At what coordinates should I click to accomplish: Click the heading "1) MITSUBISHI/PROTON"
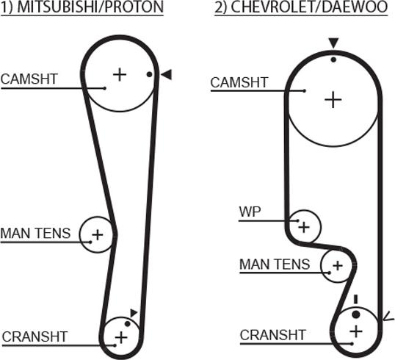coord(82,7)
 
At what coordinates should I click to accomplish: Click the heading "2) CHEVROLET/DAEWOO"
coord(301,7)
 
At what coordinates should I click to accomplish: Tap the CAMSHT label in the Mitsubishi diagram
coord(29,79)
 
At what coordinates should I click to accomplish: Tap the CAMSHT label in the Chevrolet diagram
coord(239,82)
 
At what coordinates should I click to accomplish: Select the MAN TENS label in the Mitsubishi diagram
coord(35,233)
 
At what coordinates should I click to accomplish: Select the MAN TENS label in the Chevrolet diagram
coord(275,264)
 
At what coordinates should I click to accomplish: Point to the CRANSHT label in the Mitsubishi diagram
coord(35,336)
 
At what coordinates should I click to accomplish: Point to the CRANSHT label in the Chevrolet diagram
coord(273,335)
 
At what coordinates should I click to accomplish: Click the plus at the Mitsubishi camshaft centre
coord(120,75)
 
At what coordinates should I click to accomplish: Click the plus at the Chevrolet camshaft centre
coord(333,100)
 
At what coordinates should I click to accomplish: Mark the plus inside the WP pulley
coord(304,227)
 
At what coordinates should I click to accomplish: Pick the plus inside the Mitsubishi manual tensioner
coord(98,235)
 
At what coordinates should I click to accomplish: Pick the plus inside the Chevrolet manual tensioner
coord(338,265)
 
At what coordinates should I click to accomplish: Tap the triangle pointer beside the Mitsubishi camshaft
coord(167,75)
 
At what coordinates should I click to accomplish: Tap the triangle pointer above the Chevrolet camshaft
coord(334,43)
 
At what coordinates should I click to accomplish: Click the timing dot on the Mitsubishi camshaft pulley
coord(149,75)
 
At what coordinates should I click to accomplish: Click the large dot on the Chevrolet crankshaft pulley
coord(355,314)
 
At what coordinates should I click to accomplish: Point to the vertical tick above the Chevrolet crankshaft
coord(355,299)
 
